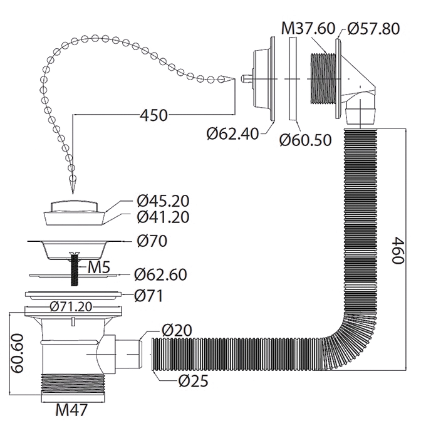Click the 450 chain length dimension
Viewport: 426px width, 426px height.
[153, 115]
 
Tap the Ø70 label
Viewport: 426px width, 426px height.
[152, 241]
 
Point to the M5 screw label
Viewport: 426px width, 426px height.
[99, 268]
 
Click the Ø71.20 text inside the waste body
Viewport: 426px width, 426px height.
[73, 306]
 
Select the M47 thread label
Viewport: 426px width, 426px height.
[71, 410]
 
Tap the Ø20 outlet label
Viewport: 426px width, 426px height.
[176, 331]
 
